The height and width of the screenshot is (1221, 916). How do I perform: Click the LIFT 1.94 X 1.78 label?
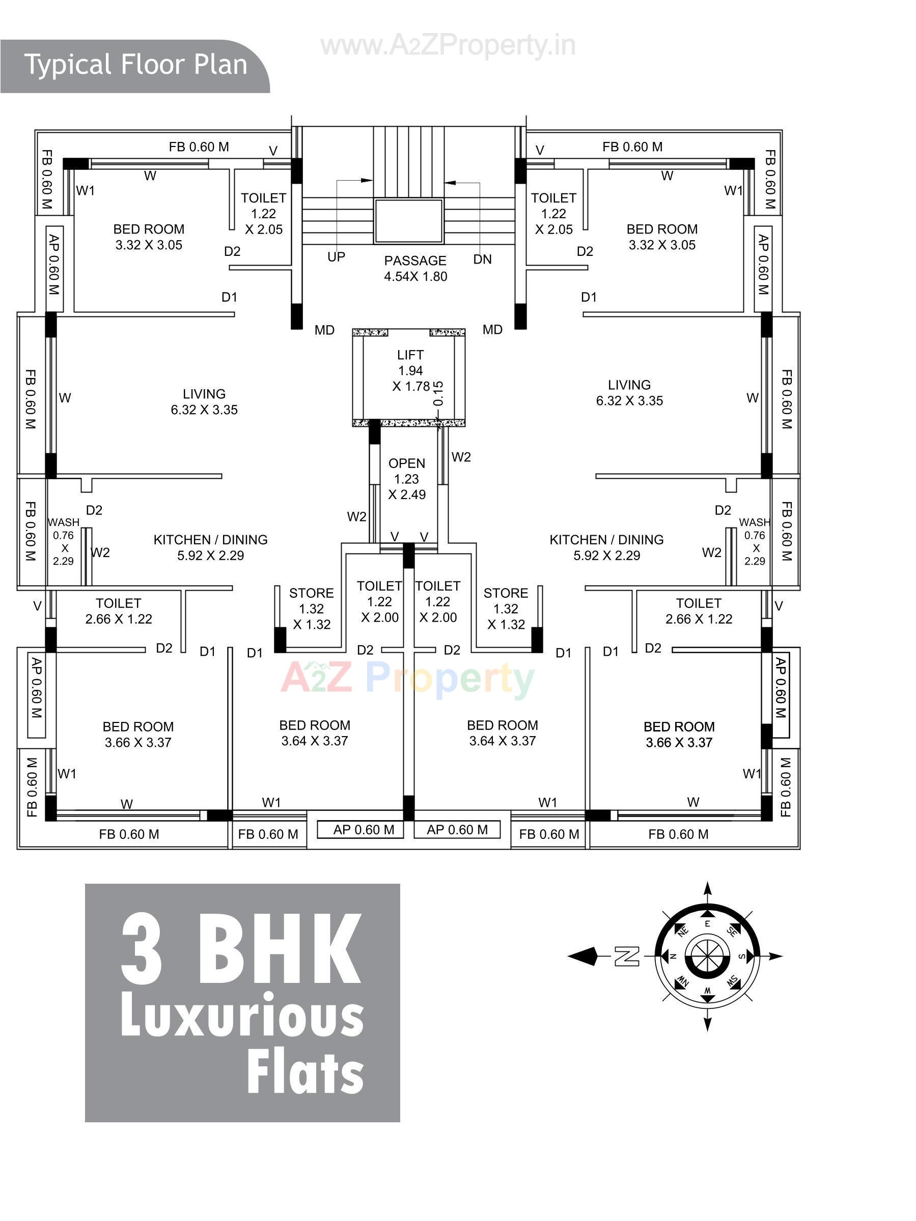(410, 370)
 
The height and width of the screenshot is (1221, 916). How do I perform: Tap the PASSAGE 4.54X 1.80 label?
(415, 268)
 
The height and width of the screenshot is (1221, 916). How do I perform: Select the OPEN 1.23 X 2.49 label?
(407, 479)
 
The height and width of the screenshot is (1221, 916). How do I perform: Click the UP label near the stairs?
(336, 257)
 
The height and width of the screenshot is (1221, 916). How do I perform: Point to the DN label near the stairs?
(482, 259)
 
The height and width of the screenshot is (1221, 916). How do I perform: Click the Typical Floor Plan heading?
(135, 65)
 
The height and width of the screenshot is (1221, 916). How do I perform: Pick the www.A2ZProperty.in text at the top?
(448, 45)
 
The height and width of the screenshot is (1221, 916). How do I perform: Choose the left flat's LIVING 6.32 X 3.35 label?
(204, 401)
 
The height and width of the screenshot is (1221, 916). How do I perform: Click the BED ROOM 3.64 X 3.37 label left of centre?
(314, 733)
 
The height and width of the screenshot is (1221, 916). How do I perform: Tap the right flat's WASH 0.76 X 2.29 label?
(754, 541)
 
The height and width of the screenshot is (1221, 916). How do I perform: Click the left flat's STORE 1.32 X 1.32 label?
(311, 608)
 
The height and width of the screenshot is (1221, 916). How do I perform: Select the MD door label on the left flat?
(324, 330)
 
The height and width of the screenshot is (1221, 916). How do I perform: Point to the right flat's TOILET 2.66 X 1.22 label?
(698, 610)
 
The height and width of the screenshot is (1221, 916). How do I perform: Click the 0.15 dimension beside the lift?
(438, 393)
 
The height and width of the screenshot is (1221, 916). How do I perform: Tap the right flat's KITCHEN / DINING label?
(606, 547)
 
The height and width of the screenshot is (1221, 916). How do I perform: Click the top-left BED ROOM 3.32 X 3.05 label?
(149, 237)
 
